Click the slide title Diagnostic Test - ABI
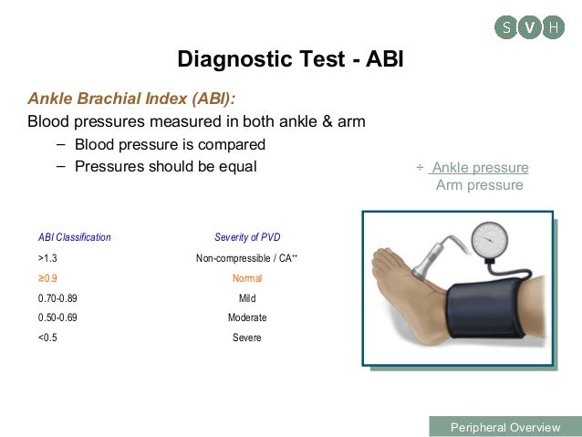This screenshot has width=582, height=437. pyautogui.click(x=290, y=61)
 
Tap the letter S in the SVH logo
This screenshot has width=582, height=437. pyautogui.click(x=506, y=27)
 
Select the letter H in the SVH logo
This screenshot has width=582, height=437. pyautogui.click(x=553, y=27)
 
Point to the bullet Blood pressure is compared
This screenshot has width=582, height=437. pyautogui.click(x=170, y=144)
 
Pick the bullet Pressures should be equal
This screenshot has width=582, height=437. pyautogui.click(x=165, y=166)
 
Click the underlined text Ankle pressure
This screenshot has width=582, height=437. pyautogui.click(x=480, y=167)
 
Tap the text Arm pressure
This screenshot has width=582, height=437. pyautogui.click(x=479, y=185)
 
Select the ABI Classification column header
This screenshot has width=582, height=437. pyautogui.click(x=75, y=237)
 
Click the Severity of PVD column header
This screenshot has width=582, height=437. pyautogui.click(x=247, y=237)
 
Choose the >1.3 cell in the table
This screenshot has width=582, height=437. pyautogui.click(x=47, y=258)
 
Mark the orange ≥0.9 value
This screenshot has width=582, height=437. pyautogui.click(x=47, y=278)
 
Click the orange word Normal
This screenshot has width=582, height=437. pyautogui.click(x=247, y=278)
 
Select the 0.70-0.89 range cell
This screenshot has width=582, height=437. pyautogui.click(x=57, y=298)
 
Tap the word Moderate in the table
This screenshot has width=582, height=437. pyautogui.click(x=247, y=317)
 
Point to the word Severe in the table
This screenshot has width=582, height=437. pyautogui.click(x=247, y=338)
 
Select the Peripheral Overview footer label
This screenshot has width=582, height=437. pyautogui.click(x=504, y=427)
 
